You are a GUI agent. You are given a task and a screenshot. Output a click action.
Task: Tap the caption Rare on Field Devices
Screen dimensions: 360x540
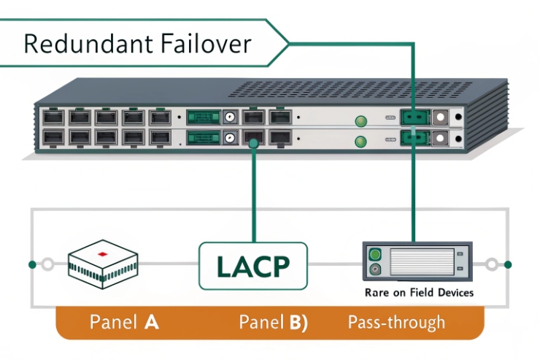coord(418,293)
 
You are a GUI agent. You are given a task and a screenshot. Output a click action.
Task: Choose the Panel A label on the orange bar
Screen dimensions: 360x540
coord(124,322)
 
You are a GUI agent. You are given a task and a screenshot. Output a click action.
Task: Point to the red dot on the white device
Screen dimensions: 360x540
coord(103,255)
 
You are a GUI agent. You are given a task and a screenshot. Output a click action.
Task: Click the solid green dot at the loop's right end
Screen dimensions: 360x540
coord(508,264)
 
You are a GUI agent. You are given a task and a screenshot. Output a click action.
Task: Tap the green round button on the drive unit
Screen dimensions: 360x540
coord(376,255)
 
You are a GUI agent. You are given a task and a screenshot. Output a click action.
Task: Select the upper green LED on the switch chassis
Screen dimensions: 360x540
coord(359,121)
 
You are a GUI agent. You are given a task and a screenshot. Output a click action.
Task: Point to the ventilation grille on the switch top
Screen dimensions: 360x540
coord(365,89)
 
